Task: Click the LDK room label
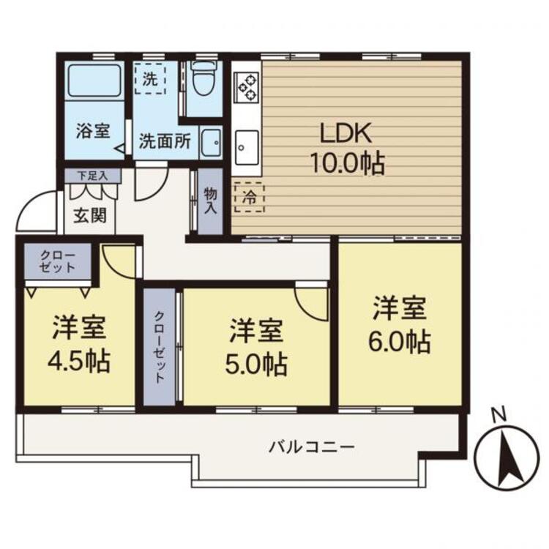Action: pyautogui.click(x=346, y=133)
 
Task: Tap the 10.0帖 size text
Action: pyautogui.click(x=348, y=163)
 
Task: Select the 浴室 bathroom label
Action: pyautogui.click(x=93, y=131)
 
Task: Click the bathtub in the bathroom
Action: pyautogui.click(x=94, y=81)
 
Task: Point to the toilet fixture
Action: pyautogui.click(x=204, y=78)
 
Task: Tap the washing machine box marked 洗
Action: pyautogui.click(x=150, y=78)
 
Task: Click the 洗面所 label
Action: pyautogui.click(x=165, y=141)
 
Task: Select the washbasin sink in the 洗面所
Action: pyautogui.click(x=211, y=143)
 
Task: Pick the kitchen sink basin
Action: pyautogui.click(x=247, y=147)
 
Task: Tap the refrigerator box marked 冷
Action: pyautogui.click(x=250, y=198)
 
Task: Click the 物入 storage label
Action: pyautogui.click(x=210, y=201)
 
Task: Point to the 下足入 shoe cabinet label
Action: pyautogui.click(x=93, y=176)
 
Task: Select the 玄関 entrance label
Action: pyautogui.click(x=90, y=215)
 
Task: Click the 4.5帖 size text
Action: pyautogui.click(x=79, y=361)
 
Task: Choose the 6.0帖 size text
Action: pyautogui.click(x=400, y=341)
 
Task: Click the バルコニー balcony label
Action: pyautogui.click(x=312, y=447)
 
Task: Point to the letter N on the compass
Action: pyautogui.click(x=499, y=415)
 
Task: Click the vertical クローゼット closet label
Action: pyautogui.click(x=160, y=347)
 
